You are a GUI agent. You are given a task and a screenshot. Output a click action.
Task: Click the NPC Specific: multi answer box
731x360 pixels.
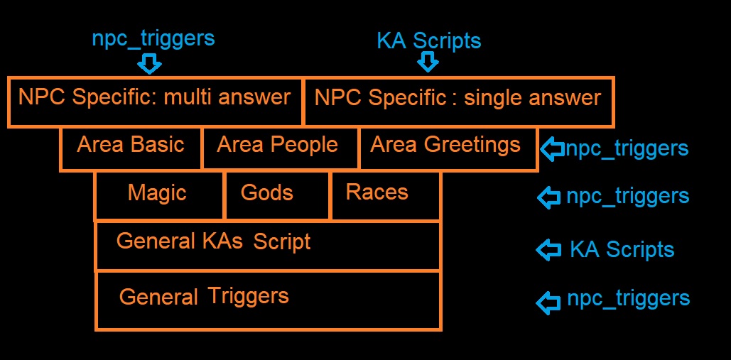tap(156, 102)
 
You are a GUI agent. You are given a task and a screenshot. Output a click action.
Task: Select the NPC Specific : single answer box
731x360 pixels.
tap(458, 102)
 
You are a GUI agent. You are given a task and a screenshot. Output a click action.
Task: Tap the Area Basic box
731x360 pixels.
tap(131, 148)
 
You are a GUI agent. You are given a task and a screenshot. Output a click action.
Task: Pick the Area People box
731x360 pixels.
tap(280, 148)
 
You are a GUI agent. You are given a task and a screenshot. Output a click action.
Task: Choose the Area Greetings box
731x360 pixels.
tap(448, 148)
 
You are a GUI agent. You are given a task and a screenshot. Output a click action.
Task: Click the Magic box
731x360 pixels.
tap(160, 195)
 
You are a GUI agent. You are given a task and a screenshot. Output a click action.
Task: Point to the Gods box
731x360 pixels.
tap(278, 195)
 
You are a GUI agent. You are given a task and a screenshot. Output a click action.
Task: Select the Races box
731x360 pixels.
tap(386, 195)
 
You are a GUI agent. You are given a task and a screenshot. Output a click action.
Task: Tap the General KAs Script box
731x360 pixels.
tap(268, 246)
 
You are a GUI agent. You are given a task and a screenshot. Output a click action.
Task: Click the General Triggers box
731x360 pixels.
tap(268, 301)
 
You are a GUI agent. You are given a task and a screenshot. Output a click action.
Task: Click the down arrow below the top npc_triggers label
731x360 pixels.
tap(149, 63)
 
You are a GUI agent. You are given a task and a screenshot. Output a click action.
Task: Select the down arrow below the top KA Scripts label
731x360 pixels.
tap(428, 61)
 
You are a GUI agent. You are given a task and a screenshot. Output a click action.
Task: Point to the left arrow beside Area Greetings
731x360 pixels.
tap(553, 149)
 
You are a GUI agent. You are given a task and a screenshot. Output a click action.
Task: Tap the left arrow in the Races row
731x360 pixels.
tap(548, 197)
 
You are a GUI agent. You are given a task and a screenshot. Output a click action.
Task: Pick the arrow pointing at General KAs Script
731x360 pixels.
tap(548, 250)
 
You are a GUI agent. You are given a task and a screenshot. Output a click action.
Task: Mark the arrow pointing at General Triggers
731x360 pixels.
tap(548, 302)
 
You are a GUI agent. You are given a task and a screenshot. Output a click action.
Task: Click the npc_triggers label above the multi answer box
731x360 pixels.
tap(153, 38)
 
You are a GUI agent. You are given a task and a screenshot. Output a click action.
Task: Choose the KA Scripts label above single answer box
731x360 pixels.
tap(429, 41)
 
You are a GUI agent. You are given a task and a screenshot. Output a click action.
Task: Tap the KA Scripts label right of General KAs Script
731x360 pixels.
tap(622, 250)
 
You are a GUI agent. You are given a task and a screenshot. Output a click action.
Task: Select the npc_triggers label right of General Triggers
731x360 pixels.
tap(629, 298)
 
